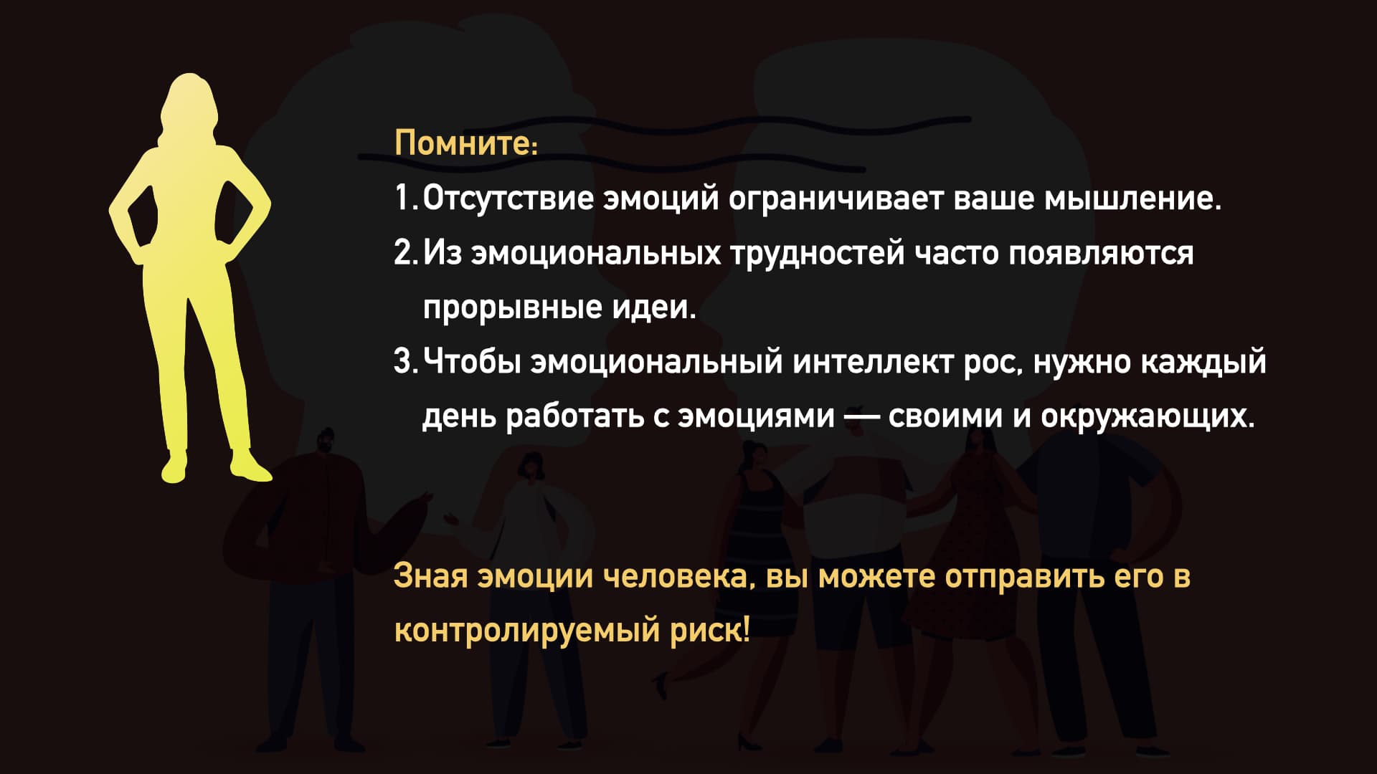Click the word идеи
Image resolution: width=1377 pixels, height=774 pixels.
tap(653, 307)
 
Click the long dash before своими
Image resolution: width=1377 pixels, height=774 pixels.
tap(861, 417)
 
